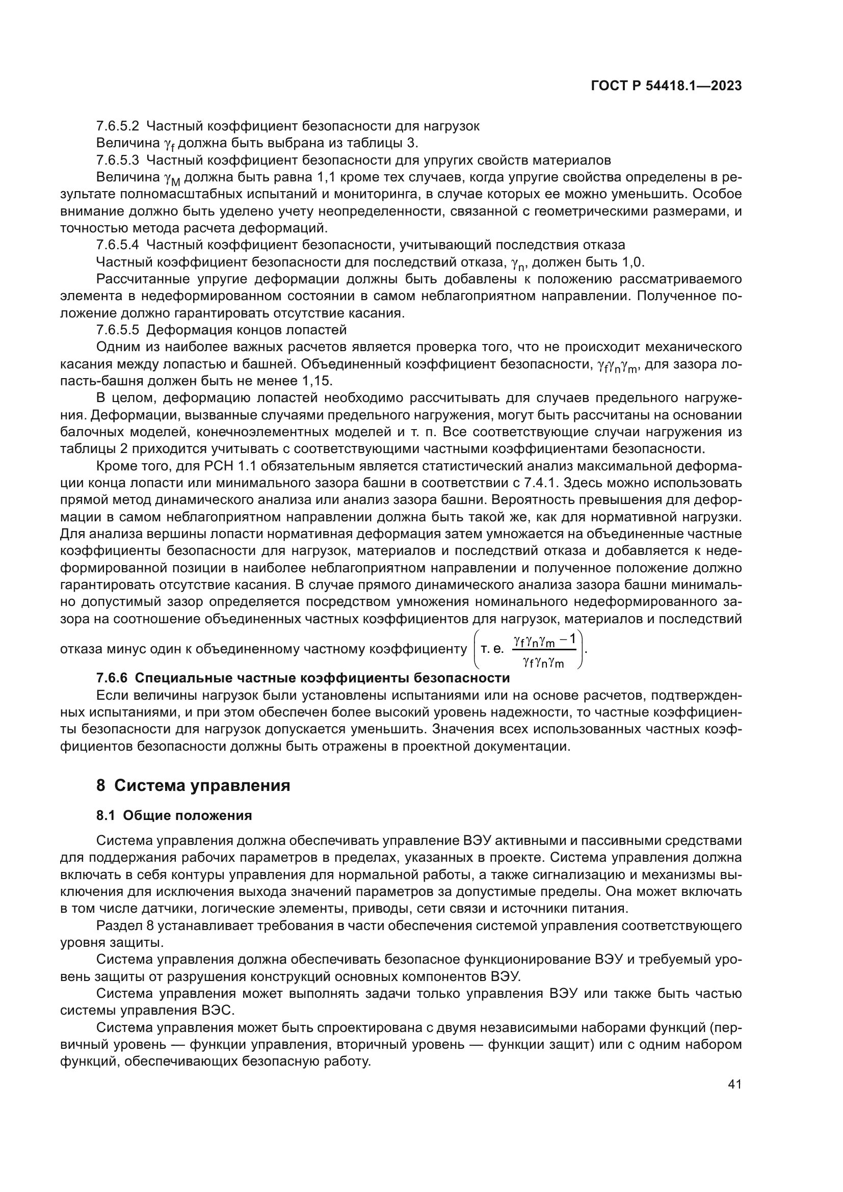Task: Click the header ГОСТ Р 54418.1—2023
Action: click(666, 86)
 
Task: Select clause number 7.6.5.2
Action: click(118, 126)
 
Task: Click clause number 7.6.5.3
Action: click(118, 160)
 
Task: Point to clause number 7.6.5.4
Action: click(118, 245)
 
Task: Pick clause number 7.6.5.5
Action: click(118, 330)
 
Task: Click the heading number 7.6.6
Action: click(112, 678)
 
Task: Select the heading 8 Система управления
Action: click(193, 785)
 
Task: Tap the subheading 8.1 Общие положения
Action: click(174, 815)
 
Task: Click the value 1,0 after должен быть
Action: click(633, 262)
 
